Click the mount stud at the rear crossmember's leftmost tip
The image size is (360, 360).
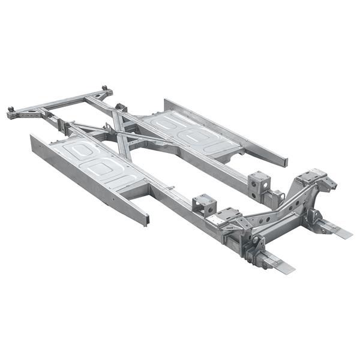(11, 110)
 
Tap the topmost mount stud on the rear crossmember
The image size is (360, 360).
(105, 89)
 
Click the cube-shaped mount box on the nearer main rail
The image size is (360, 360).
(205, 205)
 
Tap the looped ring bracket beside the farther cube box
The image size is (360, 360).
(277, 196)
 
